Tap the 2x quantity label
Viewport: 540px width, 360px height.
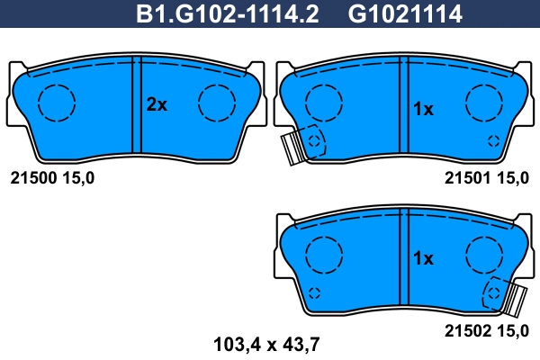tap(157, 104)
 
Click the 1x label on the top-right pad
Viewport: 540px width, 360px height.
tap(423, 109)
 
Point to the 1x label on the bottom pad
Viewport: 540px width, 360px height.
tap(423, 258)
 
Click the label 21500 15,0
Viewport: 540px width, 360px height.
tap(51, 178)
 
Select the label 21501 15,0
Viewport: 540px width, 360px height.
tap(487, 178)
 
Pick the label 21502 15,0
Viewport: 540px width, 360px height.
tap(487, 331)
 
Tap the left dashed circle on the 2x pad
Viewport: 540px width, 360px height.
tap(57, 103)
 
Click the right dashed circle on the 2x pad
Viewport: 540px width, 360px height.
tap(217, 103)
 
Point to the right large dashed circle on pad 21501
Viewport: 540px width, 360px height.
tap(483, 103)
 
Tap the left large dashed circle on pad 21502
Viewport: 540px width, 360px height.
tap(323, 254)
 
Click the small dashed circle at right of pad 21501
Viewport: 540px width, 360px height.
tap(493, 140)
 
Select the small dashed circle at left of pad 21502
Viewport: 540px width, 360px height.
tap(314, 292)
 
